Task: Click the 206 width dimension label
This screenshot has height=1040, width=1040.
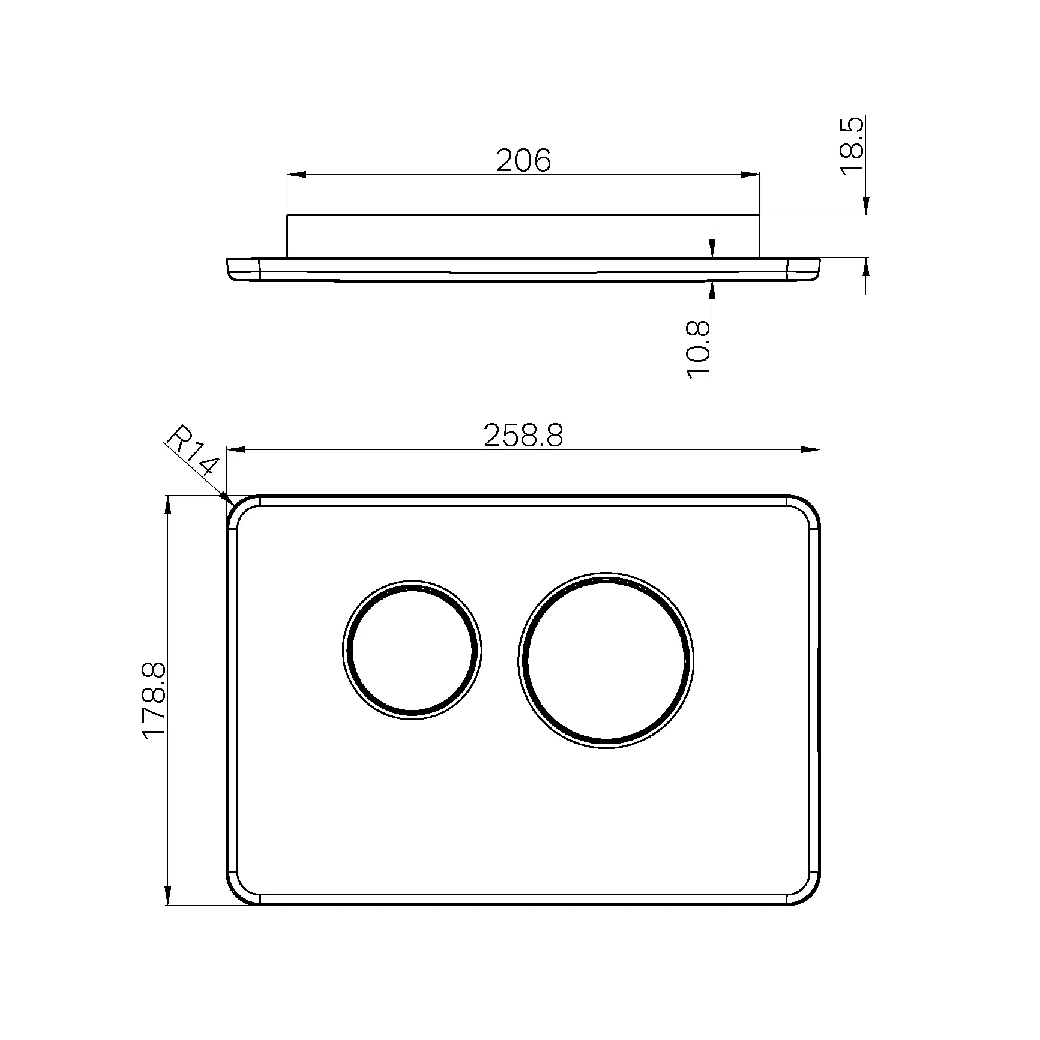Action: click(x=523, y=161)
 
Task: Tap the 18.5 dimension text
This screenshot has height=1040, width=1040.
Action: click(x=852, y=146)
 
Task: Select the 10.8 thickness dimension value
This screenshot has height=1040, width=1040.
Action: click(x=699, y=350)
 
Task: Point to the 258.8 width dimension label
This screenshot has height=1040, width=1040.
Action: click(x=523, y=436)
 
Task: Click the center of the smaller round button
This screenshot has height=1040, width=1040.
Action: click(x=412, y=649)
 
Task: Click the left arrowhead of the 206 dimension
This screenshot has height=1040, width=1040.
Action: click(x=296, y=175)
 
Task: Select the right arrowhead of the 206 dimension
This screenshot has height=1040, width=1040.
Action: click(x=750, y=175)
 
